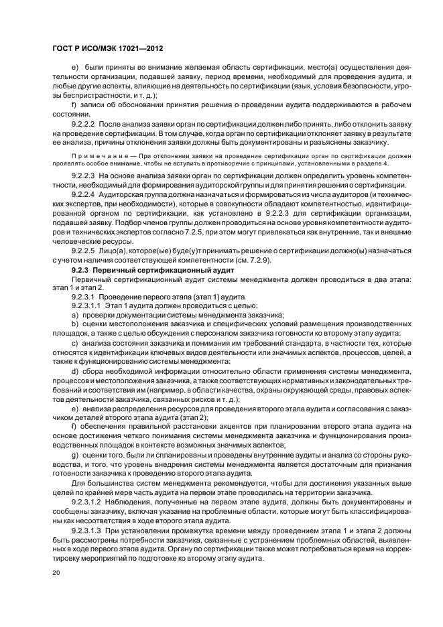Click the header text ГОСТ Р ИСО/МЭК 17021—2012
coord(101,49)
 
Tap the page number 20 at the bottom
coord(57,573)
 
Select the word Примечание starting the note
coord(97,154)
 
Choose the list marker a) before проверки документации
coord(74,314)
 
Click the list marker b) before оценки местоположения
coord(74,324)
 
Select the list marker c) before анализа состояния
coord(74,342)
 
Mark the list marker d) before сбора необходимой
coord(74,371)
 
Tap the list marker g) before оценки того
coord(74,454)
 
